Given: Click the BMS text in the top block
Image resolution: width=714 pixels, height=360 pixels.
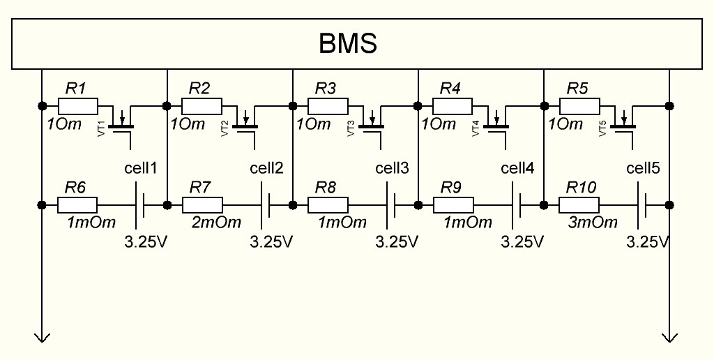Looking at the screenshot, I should pos(348,43).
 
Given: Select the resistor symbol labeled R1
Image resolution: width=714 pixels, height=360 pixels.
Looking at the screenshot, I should pos(77,106).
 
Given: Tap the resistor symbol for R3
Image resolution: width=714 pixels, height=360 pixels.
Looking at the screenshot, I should pos(328,106).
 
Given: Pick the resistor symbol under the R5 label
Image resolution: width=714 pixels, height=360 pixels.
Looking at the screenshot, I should pos(579,106).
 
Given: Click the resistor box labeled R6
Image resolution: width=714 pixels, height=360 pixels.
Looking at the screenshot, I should pos(77,205).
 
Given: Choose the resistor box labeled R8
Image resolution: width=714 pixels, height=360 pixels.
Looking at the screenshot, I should pos(328,205).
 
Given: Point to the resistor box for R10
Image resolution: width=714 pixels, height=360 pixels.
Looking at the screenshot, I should pos(579,205).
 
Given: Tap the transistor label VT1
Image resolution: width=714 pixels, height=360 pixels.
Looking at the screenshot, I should pos(102,128).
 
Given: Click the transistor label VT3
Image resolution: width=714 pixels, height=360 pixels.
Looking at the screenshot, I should pos(353,128).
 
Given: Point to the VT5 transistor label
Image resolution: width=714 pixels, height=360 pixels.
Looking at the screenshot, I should pos(604,128).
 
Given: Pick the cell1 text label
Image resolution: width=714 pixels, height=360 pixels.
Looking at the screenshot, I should pos(141,169).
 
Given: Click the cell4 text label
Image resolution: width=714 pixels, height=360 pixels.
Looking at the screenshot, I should pos(517,169).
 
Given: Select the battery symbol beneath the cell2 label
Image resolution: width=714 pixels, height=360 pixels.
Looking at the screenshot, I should pos(266,205).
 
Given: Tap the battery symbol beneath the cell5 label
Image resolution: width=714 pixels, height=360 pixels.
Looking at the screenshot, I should pos(642,205).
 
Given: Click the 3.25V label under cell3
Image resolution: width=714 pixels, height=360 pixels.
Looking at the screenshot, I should pos(396,242).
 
